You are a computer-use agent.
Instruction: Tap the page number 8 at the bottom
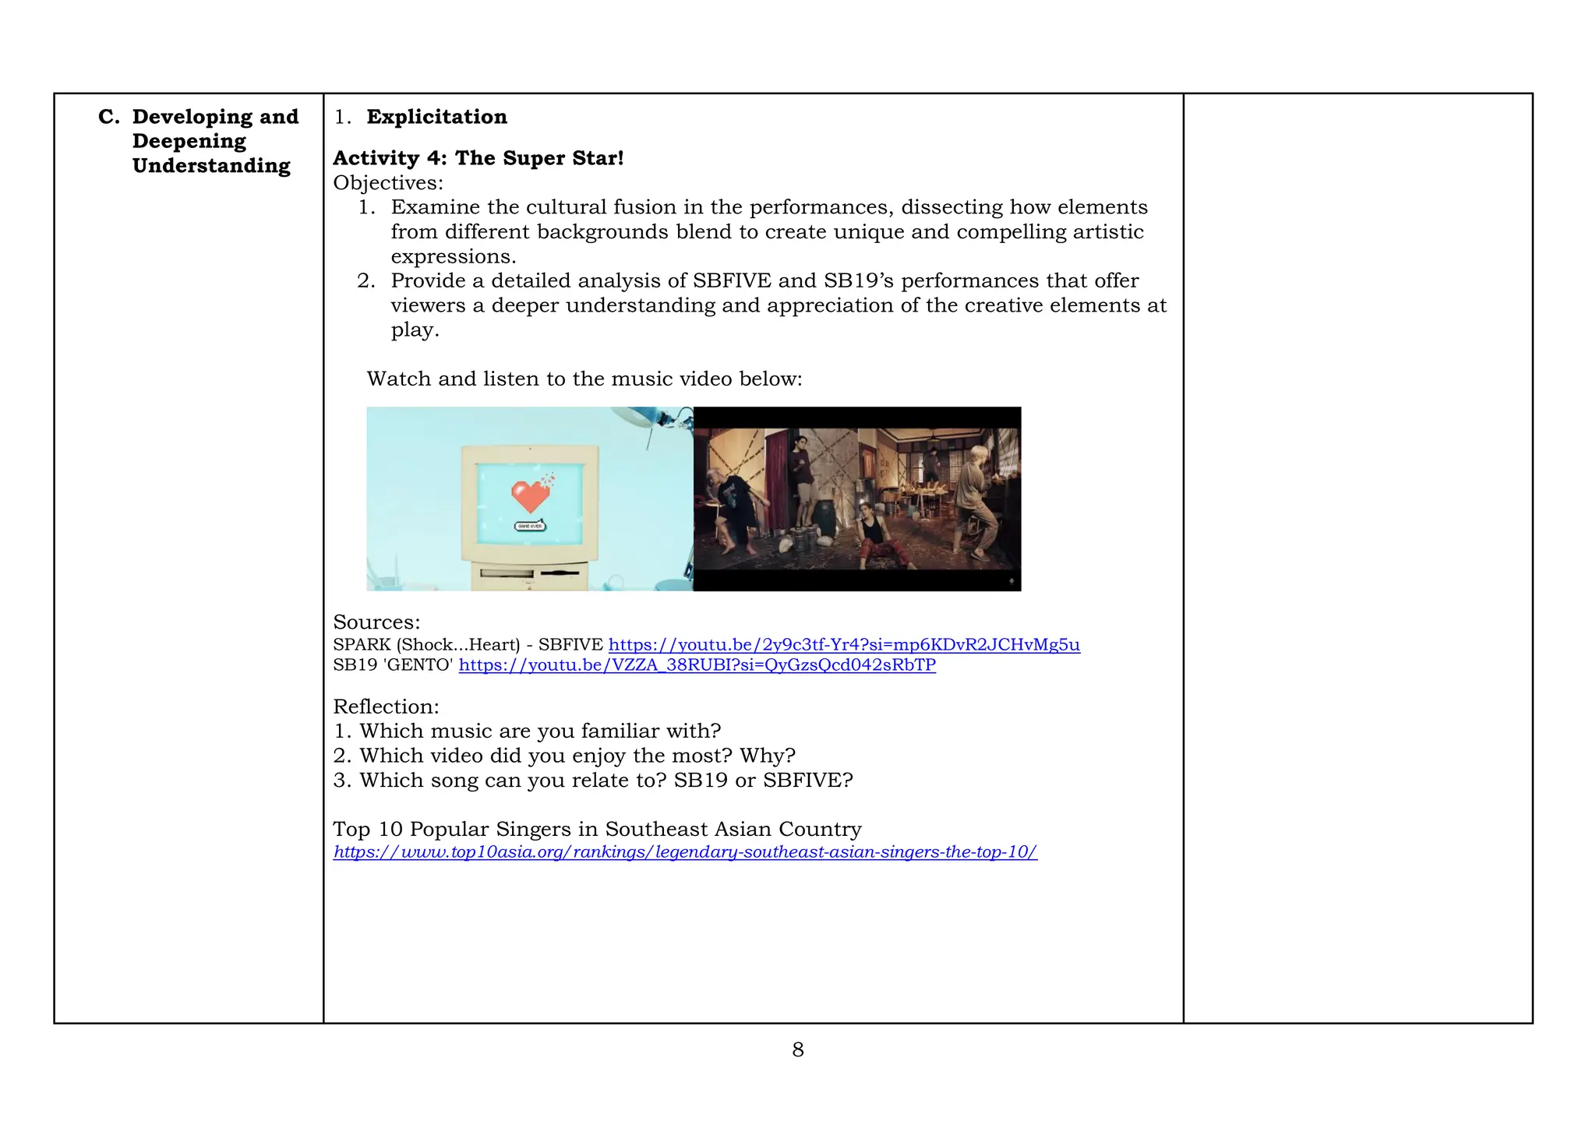pos(797,1050)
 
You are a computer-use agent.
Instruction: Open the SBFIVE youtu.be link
pos(843,645)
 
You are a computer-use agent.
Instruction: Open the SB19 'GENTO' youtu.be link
pos(697,665)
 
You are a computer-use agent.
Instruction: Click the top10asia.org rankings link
pos(684,852)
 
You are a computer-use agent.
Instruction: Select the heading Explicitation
pos(436,117)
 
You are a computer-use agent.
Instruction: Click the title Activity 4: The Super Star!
pos(478,158)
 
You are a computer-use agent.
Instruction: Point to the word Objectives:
pos(387,183)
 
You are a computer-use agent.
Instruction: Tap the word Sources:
pos(376,622)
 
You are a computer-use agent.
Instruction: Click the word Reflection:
pos(386,707)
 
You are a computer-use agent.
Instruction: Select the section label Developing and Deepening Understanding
pos(210,141)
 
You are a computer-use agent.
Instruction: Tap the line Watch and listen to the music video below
pos(584,379)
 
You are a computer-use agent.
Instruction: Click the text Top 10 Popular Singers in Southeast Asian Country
pos(597,830)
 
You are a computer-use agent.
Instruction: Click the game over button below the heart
pos(531,527)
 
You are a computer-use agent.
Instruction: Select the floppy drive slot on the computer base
pos(560,573)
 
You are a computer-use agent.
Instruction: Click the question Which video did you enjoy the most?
pos(577,756)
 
